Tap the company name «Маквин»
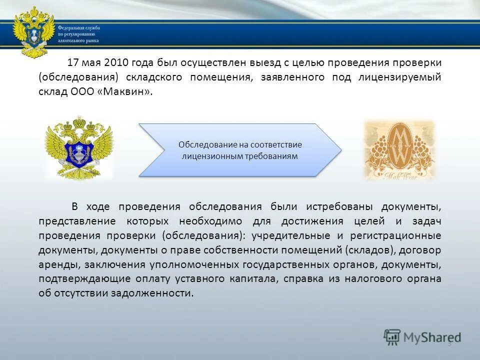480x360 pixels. click(x=127, y=92)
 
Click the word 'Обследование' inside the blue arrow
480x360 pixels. click(x=203, y=144)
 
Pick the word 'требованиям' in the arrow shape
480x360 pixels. click(x=271, y=156)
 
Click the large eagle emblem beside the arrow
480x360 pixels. click(x=79, y=148)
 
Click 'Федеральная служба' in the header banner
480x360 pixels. click(x=78, y=28)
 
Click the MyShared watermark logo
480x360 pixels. click(x=423, y=337)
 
